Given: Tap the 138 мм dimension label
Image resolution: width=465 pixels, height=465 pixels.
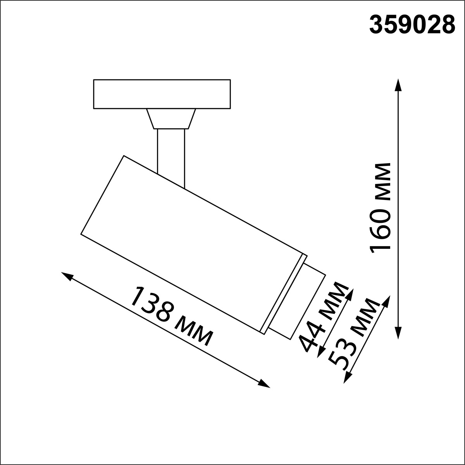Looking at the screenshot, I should tap(171, 316).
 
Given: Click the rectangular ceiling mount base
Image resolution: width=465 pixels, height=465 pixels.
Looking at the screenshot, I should tap(162, 94).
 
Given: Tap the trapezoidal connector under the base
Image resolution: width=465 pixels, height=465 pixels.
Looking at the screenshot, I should tap(171, 119).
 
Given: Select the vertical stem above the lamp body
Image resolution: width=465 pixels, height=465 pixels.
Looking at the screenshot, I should tap(171, 155).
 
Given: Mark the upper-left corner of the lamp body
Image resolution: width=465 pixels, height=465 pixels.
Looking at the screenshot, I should tap(124, 156).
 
